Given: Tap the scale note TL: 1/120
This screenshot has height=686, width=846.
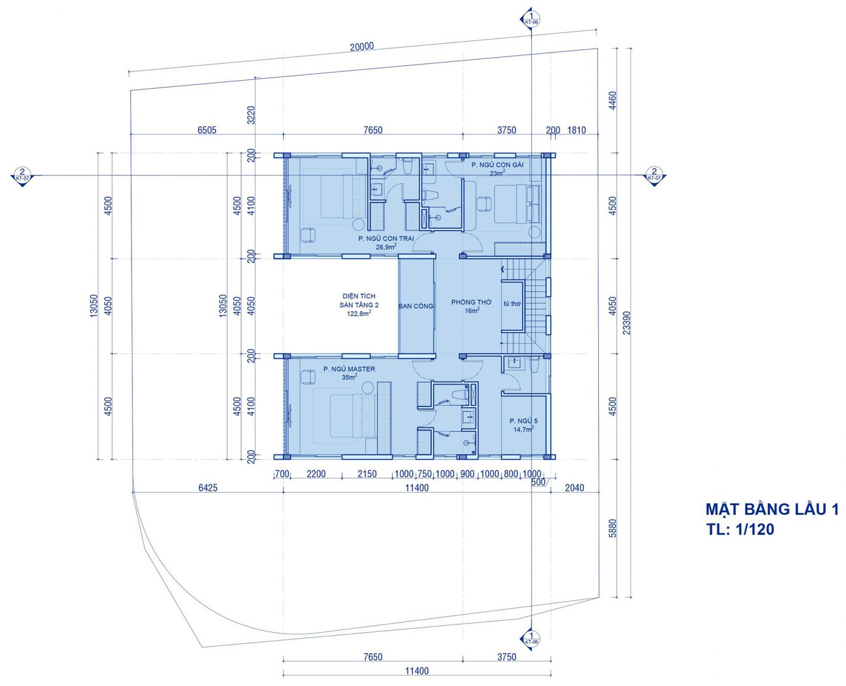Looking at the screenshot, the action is (740, 529).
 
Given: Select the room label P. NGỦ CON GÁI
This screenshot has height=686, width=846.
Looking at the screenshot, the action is (498, 165).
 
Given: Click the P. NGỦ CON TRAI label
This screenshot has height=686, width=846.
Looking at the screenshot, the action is (386, 238).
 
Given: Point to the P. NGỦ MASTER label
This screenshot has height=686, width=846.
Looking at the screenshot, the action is (349, 369).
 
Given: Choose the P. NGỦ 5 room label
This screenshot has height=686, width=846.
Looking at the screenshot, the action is (523, 421).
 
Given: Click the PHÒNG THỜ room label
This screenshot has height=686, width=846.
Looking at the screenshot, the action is (471, 302).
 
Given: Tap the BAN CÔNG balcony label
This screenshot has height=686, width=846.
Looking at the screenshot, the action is (415, 306).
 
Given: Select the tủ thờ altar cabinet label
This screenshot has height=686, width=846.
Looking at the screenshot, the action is (512, 304).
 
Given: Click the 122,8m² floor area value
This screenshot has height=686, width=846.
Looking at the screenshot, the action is (359, 314).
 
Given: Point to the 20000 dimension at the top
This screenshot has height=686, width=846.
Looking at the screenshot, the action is (362, 46).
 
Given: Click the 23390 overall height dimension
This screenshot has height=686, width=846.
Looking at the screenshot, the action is (626, 322).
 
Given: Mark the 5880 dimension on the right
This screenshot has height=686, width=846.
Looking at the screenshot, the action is (613, 528).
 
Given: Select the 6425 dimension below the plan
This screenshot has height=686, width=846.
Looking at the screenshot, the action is (208, 488).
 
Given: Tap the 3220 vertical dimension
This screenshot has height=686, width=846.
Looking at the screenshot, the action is (251, 115).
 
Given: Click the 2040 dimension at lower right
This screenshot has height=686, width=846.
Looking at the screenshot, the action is (574, 488).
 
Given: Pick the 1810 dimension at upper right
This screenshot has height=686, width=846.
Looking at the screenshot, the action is (576, 130).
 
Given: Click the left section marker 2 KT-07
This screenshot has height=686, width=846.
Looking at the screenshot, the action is (22, 176).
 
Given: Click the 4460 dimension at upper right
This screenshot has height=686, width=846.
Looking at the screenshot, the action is (613, 101).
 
